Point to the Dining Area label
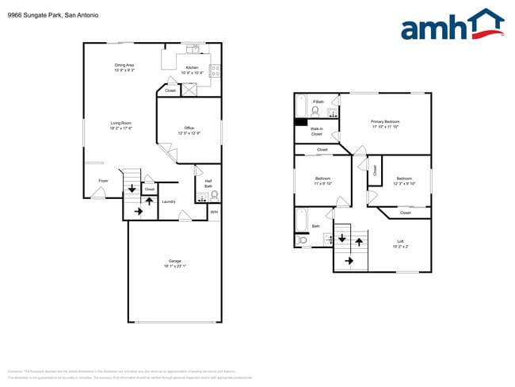[x=124, y=67]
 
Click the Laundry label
[x=169, y=201]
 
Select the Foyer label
[x=103, y=181]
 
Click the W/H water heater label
[x=214, y=212]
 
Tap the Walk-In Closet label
[x=316, y=132]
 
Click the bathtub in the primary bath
[x=301, y=106]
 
